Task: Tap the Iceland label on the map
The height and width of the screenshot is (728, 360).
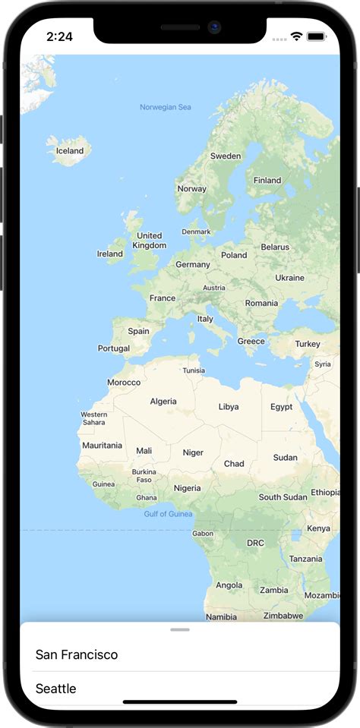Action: click(70, 150)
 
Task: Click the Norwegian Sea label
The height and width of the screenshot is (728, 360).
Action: click(166, 107)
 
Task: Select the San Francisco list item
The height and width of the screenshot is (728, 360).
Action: click(77, 654)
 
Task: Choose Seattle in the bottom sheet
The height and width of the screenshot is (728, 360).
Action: click(56, 689)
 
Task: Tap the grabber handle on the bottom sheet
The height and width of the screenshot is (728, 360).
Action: click(180, 629)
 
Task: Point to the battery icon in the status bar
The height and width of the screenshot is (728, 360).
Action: click(317, 36)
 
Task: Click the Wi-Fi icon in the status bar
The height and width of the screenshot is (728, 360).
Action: click(296, 36)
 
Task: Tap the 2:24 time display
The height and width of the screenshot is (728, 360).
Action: click(59, 36)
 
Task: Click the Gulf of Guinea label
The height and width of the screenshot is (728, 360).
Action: click(168, 514)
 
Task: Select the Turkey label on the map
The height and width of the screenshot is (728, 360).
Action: click(308, 344)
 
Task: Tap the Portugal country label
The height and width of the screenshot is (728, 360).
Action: click(114, 348)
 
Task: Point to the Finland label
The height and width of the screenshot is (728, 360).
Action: click(267, 181)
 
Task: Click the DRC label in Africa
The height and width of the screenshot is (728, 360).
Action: click(255, 543)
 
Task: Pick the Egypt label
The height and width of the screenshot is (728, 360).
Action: click(281, 407)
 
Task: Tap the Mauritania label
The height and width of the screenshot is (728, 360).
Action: click(102, 445)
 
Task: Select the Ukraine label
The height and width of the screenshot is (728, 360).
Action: click(289, 278)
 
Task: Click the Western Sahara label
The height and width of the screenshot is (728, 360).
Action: click(93, 418)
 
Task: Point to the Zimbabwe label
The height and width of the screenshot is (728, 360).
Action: click(284, 616)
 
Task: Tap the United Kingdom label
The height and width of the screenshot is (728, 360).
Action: click(149, 241)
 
